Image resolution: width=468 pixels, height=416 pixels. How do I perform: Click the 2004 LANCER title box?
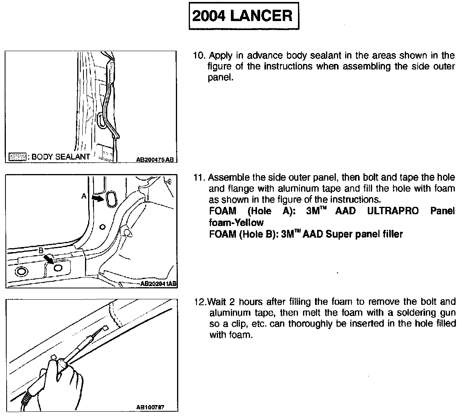(x=244, y=16)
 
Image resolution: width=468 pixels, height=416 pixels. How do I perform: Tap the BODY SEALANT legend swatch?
(x=18, y=157)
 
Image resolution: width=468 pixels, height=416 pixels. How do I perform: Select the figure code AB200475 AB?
(x=155, y=159)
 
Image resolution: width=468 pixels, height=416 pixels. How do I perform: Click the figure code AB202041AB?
(x=158, y=284)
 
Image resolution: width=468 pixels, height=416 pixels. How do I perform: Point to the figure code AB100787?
(x=150, y=407)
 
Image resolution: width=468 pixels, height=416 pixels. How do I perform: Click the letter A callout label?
(x=84, y=196)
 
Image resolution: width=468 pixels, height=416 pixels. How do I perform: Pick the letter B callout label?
(x=41, y=251)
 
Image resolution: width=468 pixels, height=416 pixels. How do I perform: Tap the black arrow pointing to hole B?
(x=49, y=259)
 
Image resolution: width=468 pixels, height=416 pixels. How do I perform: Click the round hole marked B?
(x=58, y=268)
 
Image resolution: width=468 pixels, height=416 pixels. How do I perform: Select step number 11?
(x=199, y=178)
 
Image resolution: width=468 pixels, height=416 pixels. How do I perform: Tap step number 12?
(x=199, y=302)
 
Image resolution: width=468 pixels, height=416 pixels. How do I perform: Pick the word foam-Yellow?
(x=236, y=222)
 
